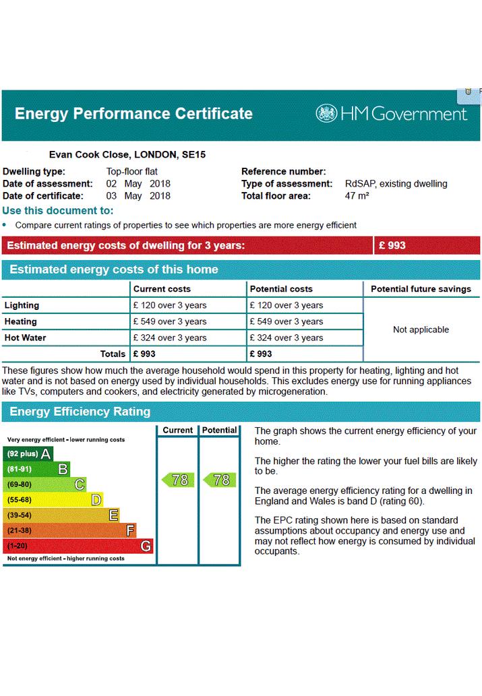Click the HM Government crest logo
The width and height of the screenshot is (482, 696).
[x=326, y=114]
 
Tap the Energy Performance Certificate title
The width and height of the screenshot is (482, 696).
[x=133, y=114]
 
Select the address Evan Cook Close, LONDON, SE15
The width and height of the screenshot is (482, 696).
[x=127, y=154]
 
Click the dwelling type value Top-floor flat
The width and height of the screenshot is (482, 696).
[x=132, y=171]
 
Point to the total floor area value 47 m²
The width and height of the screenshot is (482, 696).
[x=357, y=196]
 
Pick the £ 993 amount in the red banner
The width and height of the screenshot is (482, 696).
[x=392, y=245]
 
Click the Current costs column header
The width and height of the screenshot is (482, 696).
[x=162, y=289]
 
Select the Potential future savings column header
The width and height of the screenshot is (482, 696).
[x=421, y=289]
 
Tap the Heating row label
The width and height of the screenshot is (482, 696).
[x=20, y=321]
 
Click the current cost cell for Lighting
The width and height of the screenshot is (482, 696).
[x=170, y=305]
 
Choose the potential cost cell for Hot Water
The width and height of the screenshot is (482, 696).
[x=287, y=338]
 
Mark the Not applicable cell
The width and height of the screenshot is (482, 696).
[x=421, y=329]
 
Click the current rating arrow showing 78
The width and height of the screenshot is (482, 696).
[x=178, y=480]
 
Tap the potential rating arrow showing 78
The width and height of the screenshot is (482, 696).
[x=220, y=480]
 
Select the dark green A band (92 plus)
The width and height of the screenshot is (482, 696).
[x=28, y=453]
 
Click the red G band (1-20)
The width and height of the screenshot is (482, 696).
[x=78, y=546]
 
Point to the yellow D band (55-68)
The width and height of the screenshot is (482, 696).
[x=53, y=500]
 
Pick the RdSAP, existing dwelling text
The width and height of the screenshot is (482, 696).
[x=396, y=184]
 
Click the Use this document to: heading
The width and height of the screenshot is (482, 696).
[x=58, y=210]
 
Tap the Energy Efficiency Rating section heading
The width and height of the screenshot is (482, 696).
[x=80, y=412]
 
